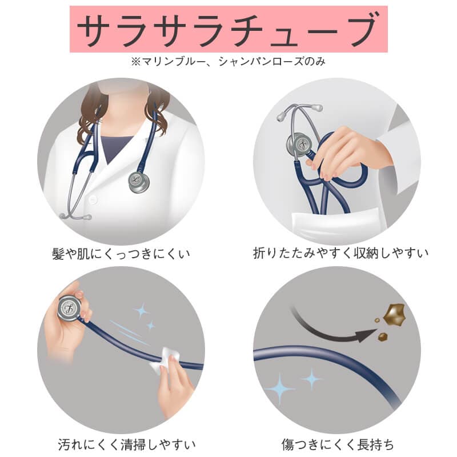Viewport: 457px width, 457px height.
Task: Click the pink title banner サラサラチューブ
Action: pyautogui.click(x=228, y=29)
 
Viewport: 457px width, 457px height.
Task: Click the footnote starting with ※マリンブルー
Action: pyautogui.click(x=228, y=61)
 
